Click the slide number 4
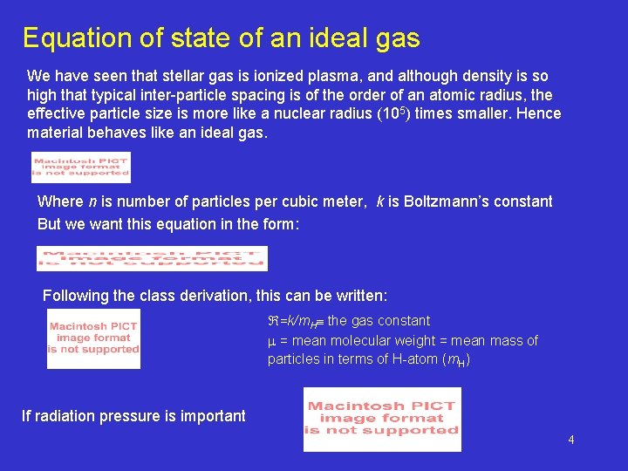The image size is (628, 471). tap(571, 440)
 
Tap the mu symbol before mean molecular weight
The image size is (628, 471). tap(271, 341)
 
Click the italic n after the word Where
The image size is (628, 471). tap(91, 201)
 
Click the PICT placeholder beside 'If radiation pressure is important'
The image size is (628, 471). tap(381, 419)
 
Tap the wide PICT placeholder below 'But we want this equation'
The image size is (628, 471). tap(152, 258)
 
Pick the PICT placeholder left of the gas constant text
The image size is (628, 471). tap(93, 338)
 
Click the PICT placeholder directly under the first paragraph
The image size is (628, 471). tap(80, 167)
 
